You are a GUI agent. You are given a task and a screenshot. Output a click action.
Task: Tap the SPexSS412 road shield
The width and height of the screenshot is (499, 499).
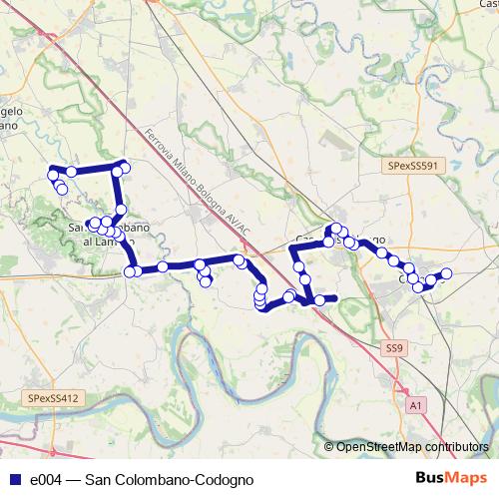tap(53, 398)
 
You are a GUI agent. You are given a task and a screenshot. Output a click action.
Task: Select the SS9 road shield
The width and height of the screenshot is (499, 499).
tap(394, 348)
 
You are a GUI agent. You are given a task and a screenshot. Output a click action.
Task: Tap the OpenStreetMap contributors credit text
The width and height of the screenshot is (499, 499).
tap(412, 447)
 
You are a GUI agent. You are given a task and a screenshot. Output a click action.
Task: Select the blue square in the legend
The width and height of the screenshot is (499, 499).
tap(14, 480)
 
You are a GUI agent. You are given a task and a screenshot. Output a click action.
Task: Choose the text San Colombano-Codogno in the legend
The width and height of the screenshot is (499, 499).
tap(170, 480)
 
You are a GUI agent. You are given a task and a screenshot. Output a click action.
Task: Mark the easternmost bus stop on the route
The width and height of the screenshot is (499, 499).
tap(447, 273)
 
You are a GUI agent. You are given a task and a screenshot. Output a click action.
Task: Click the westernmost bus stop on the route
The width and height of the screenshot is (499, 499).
tap(52, 176)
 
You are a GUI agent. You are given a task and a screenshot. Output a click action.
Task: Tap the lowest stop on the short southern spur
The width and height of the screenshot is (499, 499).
tap(206, 281)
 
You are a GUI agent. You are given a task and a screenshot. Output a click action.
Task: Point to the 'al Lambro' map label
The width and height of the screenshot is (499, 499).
tap(108, 243)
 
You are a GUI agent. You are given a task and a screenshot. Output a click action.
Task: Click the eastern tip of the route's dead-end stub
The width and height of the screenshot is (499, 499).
tap(336, 298)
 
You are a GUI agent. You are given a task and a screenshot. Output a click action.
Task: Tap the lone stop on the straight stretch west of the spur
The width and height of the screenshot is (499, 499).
tap(163, 266)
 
